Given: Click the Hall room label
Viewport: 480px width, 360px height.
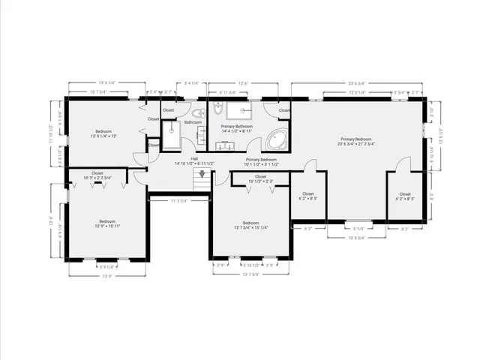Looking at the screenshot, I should [194, 158].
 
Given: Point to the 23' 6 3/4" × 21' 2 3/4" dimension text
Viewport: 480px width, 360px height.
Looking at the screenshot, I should [357, 144].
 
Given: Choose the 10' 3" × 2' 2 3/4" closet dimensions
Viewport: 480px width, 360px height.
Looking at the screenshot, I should [97, 178].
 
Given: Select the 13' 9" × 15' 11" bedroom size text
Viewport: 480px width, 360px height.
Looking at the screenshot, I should [108, 226].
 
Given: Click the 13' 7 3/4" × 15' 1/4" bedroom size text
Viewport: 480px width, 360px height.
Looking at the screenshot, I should [251, 227].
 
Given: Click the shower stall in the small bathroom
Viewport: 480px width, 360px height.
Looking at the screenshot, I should [172, 138].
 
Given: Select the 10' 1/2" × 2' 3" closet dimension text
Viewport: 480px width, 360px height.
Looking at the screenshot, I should [260, 181].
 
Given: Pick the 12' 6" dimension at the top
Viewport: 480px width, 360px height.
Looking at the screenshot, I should [243, 83].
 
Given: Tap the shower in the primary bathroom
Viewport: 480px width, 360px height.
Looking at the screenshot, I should [241, 111].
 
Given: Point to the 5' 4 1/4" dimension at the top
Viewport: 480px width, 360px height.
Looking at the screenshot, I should [191, 83].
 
